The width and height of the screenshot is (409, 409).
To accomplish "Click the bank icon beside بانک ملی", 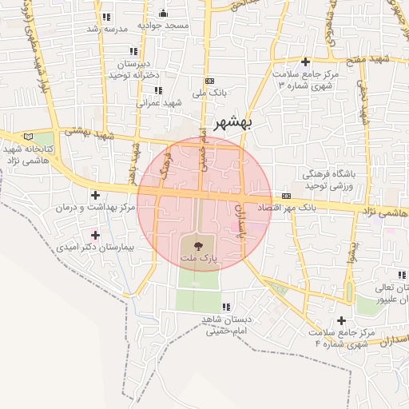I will [x=209, y=81].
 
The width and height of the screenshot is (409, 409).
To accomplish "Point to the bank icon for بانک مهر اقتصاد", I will [x=286, y=196].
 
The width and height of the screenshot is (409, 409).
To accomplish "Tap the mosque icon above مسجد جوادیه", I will [x=164, y=13].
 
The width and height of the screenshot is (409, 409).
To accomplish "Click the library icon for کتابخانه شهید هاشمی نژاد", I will [x=30, y=137].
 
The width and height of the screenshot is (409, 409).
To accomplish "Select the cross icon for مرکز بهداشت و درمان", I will [x=96, y=195].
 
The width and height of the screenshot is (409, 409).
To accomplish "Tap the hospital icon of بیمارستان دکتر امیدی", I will [x=96, y=235].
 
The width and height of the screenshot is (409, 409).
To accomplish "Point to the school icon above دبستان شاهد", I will [x=226, y=307].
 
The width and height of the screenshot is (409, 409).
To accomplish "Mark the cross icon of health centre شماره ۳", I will [x=304, y=62].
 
